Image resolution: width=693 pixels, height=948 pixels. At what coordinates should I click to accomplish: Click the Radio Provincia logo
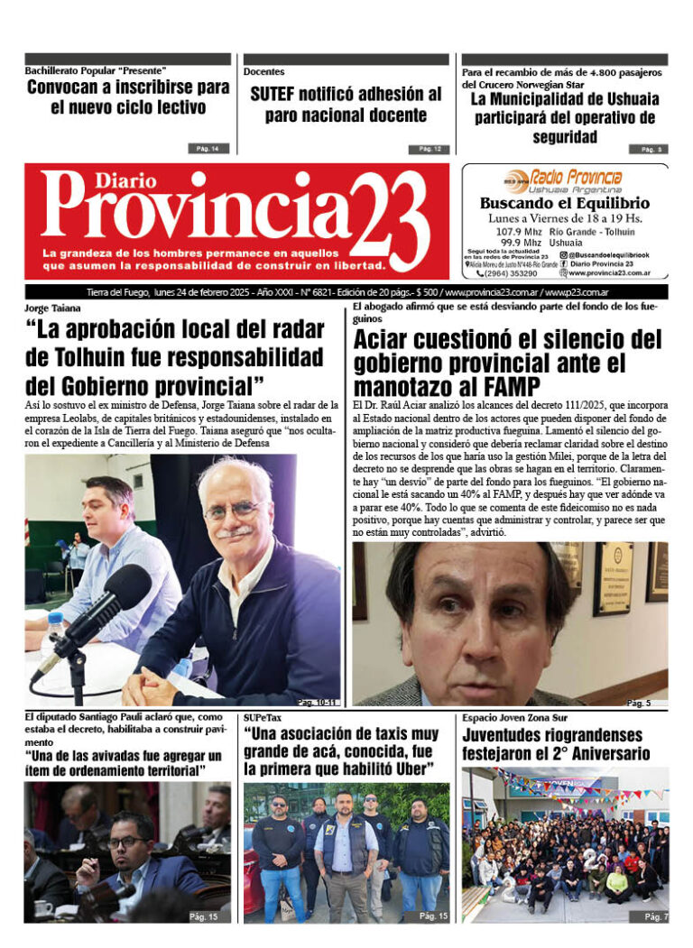tap(564, 180)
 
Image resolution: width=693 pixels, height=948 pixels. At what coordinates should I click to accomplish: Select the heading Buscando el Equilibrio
tap(566, 204)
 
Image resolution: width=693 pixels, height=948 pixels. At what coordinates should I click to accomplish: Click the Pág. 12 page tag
tap(429, 149)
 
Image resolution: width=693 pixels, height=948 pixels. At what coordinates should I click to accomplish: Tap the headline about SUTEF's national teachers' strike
tap(346, 105)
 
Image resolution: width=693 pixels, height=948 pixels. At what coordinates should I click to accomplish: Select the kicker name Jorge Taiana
tap(52, 308)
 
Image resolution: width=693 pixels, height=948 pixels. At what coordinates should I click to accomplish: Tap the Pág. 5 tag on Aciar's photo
tap(639, 703)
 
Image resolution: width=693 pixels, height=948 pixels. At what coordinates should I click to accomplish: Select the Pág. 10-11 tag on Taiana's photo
tap(317, 702)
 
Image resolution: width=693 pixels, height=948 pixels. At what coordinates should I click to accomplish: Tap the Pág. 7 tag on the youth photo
tap(655, 916)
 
